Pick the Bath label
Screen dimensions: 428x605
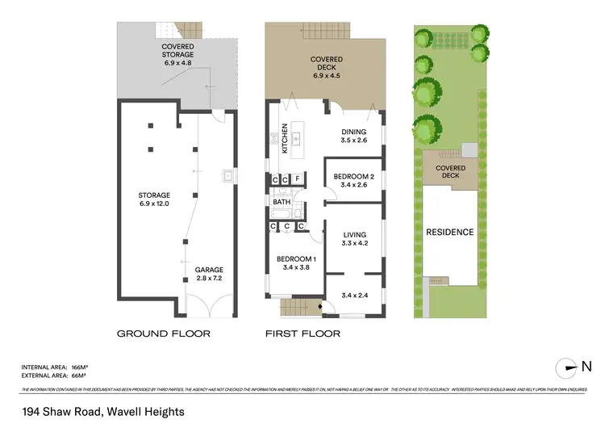(281, 202)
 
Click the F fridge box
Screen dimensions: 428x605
(298, 179)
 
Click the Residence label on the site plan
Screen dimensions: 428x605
(450, 233)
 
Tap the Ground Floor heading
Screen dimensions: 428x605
(164, 333)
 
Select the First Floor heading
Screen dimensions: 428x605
(302, 333)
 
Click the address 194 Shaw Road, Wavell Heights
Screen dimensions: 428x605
(102, 412)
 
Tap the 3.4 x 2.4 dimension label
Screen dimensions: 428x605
(355, 295)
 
